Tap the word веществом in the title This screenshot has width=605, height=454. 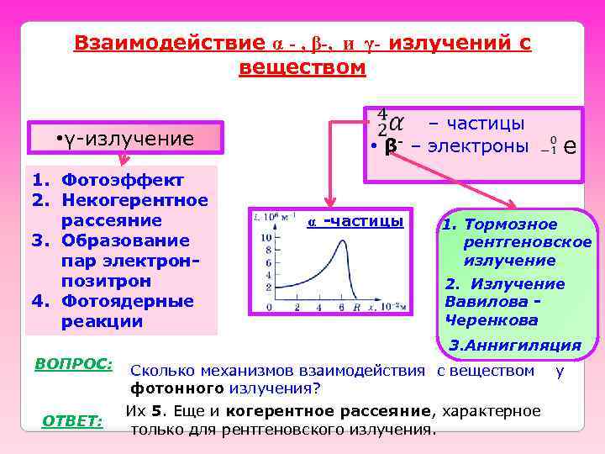coord(302,67)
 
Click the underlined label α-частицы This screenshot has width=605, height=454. coord(356,221)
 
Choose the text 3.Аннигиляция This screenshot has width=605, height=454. coord(515,345)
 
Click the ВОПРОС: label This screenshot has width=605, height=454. coord(74,363)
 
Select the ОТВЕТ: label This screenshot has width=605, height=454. coord(72,420)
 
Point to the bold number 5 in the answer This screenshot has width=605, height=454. coord(157,411)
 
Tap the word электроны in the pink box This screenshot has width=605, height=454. coord(478,146)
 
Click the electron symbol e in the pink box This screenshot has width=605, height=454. coord(570,146)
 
